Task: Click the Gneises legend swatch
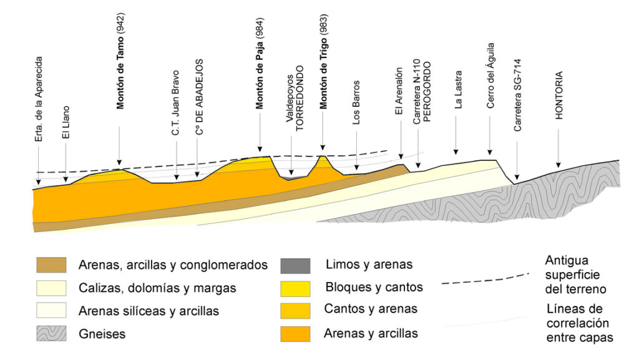coord(51,333)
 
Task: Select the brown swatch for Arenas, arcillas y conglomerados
coord(51,265)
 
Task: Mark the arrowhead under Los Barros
coord(356,167)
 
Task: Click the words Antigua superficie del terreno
coord(574,275)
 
